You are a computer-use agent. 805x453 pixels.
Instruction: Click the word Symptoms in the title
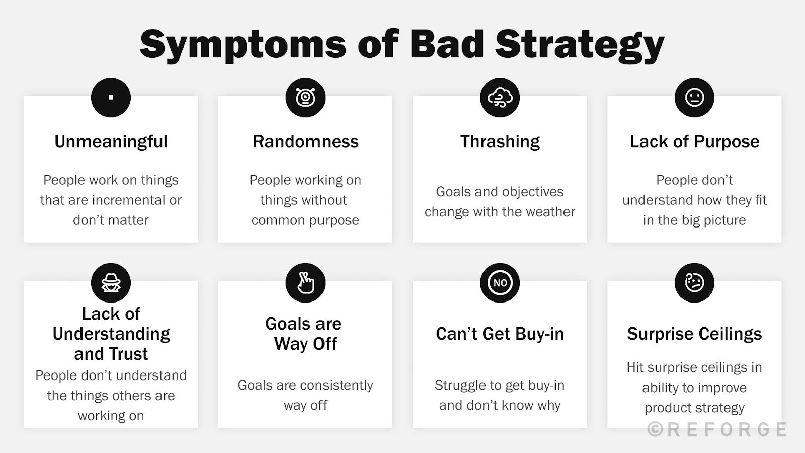pos(243,45)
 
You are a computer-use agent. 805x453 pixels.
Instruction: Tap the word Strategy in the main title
pos(580,45)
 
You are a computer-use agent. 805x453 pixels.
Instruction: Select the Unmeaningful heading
pos(111,142)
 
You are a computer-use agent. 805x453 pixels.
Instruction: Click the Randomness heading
pos(305,141)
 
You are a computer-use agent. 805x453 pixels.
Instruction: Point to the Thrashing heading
pos(500,142)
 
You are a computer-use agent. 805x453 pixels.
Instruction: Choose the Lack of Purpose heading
pos(694,142)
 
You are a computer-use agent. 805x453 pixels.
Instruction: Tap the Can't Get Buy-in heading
pos(500,334)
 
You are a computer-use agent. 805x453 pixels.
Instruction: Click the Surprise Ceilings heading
pos(694,334)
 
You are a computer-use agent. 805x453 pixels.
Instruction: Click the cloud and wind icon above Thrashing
pos(500,98)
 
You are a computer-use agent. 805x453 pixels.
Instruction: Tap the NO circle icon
pos(500,283)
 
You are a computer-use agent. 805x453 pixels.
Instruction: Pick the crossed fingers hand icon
pos(305,283)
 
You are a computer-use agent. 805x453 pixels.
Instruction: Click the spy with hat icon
pos(111,283)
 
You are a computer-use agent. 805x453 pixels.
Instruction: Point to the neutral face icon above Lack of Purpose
pos(694,98)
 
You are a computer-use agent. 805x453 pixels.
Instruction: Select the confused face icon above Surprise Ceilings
pos(694,283)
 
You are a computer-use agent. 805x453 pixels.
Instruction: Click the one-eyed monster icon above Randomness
pos(305,98)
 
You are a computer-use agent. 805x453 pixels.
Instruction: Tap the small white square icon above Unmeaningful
pos(111,98)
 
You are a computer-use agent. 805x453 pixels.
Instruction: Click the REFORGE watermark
pos(717,429)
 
